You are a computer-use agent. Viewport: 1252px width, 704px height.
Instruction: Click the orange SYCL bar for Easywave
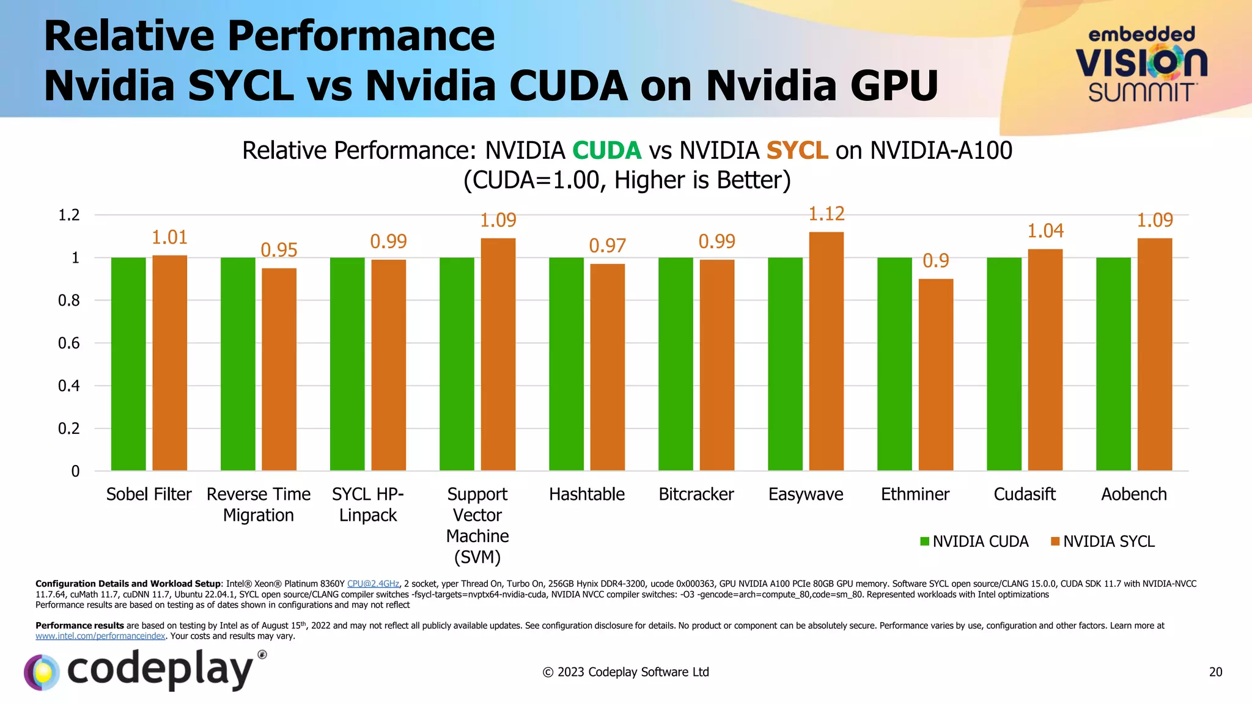[x=826, y=351]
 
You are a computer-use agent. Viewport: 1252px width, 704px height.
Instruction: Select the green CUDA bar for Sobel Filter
[x=128, y=364]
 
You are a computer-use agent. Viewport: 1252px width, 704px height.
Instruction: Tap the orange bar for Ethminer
[x=935, y=375]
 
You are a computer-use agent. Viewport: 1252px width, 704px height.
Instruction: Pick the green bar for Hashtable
[x=566, y=364]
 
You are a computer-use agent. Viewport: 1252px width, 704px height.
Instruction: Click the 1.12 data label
[x=826, y=214]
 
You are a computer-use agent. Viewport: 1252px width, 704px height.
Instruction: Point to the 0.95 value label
[x=279, y=250]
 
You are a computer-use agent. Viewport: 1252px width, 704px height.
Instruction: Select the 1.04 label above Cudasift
[x=1045, y=231]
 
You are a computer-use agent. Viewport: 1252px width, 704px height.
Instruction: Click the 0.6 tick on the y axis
[x=68, y=343]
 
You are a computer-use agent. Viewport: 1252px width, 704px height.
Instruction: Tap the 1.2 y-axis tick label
[x=68, y=215]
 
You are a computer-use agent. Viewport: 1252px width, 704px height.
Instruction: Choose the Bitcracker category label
[x=696, y=494]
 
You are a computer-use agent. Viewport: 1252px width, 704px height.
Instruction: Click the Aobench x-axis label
[x=1133, y=494]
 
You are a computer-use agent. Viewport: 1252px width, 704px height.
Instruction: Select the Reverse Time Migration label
[x=258, y=504]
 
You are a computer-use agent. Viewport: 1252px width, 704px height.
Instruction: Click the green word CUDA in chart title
[x=606, y=150]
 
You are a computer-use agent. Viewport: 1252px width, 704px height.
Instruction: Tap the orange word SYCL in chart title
[x=797, y=150]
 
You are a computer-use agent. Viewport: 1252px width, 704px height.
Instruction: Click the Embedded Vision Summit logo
[x=1141, y=64]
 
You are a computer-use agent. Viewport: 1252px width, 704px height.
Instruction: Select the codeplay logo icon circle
[x=42, y=672]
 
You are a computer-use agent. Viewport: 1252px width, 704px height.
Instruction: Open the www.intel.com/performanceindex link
[x=100, y=636]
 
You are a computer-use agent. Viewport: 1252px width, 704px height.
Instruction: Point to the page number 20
[x=1215, y=672]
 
